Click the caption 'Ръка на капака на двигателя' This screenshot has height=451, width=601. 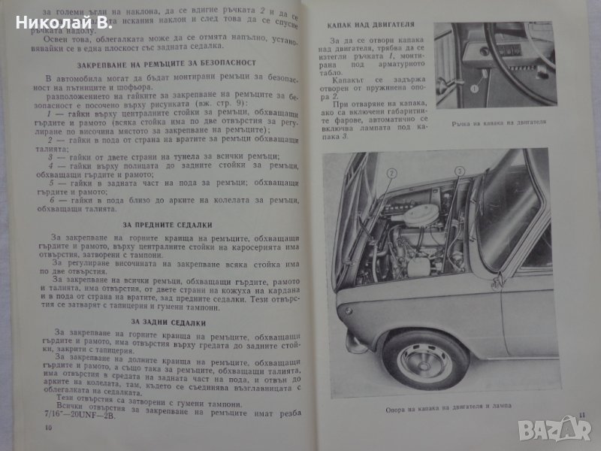click(x=503, y=123)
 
